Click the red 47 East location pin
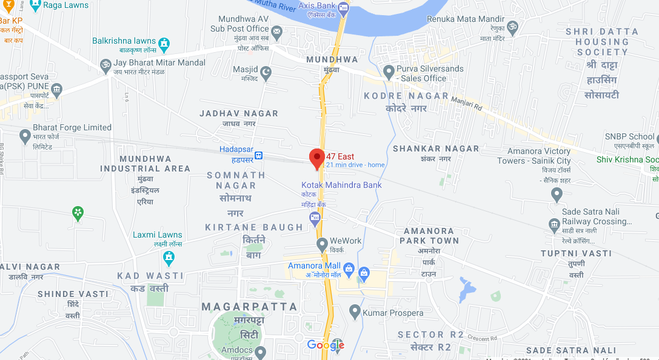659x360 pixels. pyautogui.click(x=316, y=158)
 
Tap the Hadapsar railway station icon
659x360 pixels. pyautogui.click(x=259, y=155)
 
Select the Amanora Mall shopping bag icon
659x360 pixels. pyautogui.click(x=349, y=267)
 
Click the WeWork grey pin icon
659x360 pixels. pyautogui.click(x=322, y=244)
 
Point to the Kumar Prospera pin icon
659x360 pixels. pyautogui.click(x=355, y=312)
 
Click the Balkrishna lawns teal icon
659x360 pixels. pyautogui.click(x=164, y=44)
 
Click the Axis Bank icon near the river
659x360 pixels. pyautogui.click(x=344, y=8)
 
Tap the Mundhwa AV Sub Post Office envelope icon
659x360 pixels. pyautogui.click(x=276, y=31)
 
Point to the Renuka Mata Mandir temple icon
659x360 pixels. pyautogui.click(x=512, y=27)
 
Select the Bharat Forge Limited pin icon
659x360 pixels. pyautogui.click(x=25, y=136)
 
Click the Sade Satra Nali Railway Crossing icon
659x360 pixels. pyautogui.click(x=554, y=225)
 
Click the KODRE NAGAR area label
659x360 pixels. pyautogui.click(x=406, y=96)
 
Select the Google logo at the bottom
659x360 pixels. pyautogui.click(x=326, y=345)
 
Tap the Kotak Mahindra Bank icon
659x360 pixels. pyautogui.click(x=315, y=218)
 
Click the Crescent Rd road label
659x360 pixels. pyautogui.click(x=483, y=339)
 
